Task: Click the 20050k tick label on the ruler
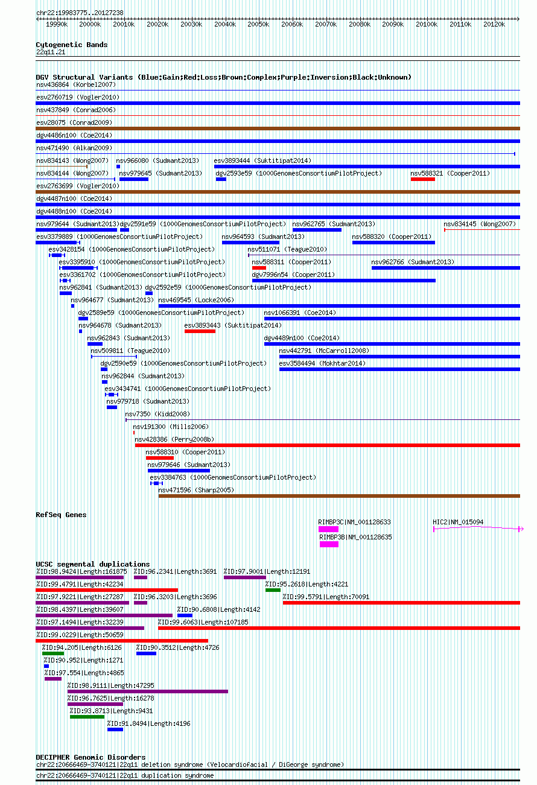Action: click(x=258, y=25)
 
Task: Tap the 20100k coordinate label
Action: click(x=427, y=25)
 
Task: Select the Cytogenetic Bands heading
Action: click(x=72, y=45)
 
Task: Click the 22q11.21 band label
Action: click(x=51, y=52)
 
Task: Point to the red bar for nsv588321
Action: click(x=423, y=179)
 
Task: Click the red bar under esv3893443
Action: click(x=200, y=331)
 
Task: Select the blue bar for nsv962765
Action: click(x=317, y=230)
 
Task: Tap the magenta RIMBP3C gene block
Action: click(x=328, y=529)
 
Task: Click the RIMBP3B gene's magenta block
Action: click(x=329, y=544)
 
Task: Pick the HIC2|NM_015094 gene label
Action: click(x=458, y=522)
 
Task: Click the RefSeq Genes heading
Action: click(x=61, y=515)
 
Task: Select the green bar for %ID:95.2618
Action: click(x=273, y=591)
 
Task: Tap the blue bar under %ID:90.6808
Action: click(x=185, y=615)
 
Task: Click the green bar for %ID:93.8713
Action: click(x=87, y=717)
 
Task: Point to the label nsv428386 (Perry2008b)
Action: click(x=174, y=439)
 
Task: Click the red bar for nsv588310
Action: click(x=160, y=458)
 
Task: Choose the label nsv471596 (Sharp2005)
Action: click(x=196, y=491)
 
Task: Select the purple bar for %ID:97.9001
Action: click(x=245, y=577)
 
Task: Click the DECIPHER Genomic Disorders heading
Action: click(x=91, y=757)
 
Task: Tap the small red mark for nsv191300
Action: click(x=134, y=433)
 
